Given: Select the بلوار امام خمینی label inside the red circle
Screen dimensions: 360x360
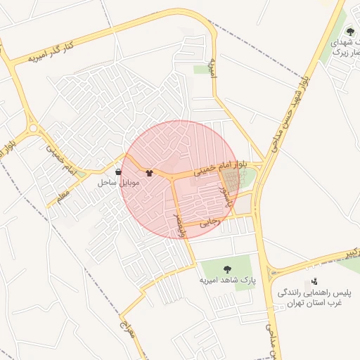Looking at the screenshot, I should tap(219, 170).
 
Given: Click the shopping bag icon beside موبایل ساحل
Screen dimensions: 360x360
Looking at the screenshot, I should tap(117, 172).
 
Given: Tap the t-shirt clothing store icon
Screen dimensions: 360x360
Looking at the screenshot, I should tap(149, 172).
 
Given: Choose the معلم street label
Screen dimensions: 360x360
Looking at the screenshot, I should tap(63, 190).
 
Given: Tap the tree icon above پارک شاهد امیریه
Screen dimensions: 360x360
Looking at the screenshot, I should tap(227, 269).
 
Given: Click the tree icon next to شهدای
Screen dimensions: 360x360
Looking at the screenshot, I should tap(351, 32).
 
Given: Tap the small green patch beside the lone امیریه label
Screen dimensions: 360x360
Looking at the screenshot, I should tap(200, 69).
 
